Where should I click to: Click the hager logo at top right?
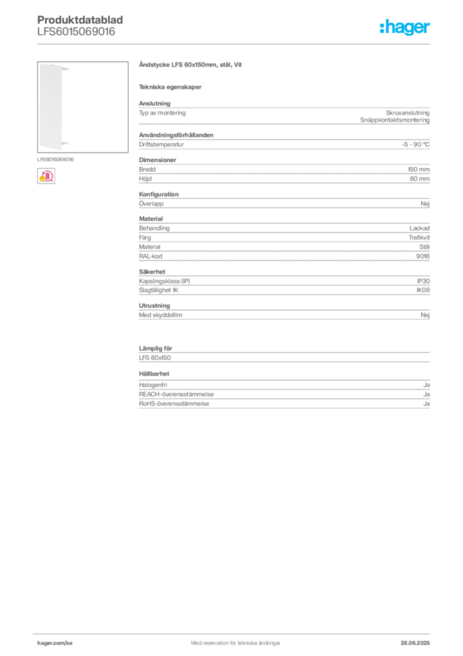click(x=405, y=27)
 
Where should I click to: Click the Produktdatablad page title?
click(x=80, y=20)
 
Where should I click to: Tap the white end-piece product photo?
click(x=82, y=107)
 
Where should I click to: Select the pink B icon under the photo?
click(x=46, y=176)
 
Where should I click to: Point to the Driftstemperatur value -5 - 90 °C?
click(x=416, y=144)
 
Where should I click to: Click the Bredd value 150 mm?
click(x=419, y=169)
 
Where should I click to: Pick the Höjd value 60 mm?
click(x=420, y=179)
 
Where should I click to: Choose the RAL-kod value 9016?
click(x=423, y=256)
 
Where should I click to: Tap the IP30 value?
click(x=423, y=281)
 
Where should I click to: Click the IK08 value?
click(x=423, y=290)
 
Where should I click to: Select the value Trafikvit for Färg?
click(x=419, y=237)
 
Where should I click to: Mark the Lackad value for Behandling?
click(x=420, y=228)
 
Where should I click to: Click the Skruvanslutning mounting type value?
click(x=408, y=113)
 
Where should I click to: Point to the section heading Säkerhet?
click(x=152, y=272)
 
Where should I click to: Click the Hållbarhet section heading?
click(x=154, y=373)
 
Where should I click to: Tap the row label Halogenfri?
click(x=153, y=385)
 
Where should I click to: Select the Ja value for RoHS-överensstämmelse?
click(x=427, y=404)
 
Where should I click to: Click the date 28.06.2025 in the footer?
click(x=415, y=643)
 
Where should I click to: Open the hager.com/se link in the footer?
click(x=55, y=643)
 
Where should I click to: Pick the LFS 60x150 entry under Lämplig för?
click(x=155, y=357)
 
